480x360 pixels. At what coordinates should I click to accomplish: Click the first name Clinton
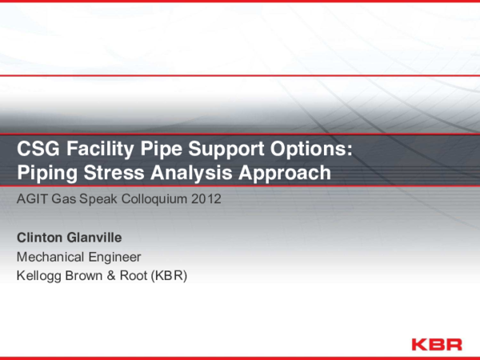pos(41,238)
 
